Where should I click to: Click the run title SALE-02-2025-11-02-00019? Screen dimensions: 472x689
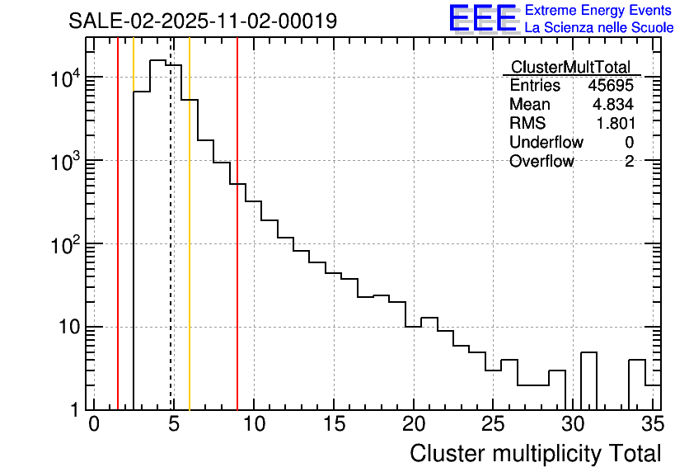click(203, 21)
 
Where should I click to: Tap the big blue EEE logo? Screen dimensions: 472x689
click(482, 18)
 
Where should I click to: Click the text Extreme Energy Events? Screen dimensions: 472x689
click(598, 11)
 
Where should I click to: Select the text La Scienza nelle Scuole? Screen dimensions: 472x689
click(599, 28)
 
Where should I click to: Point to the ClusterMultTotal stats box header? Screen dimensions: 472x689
click(570, 67)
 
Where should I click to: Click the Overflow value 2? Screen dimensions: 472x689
click(629, 162)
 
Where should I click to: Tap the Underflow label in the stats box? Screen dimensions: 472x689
click(546, 143)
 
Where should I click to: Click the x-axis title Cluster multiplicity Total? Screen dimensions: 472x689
click(535, 453)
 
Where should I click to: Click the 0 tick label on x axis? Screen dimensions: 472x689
click(94, 425)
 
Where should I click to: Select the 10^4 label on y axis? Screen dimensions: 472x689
click(63, 79)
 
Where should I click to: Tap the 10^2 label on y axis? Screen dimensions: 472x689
click(63, 246)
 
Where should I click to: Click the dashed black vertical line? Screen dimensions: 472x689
click(171, 248)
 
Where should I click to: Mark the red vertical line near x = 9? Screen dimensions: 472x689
click(237, 248)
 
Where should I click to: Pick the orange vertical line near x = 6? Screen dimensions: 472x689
click(190, 248)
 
